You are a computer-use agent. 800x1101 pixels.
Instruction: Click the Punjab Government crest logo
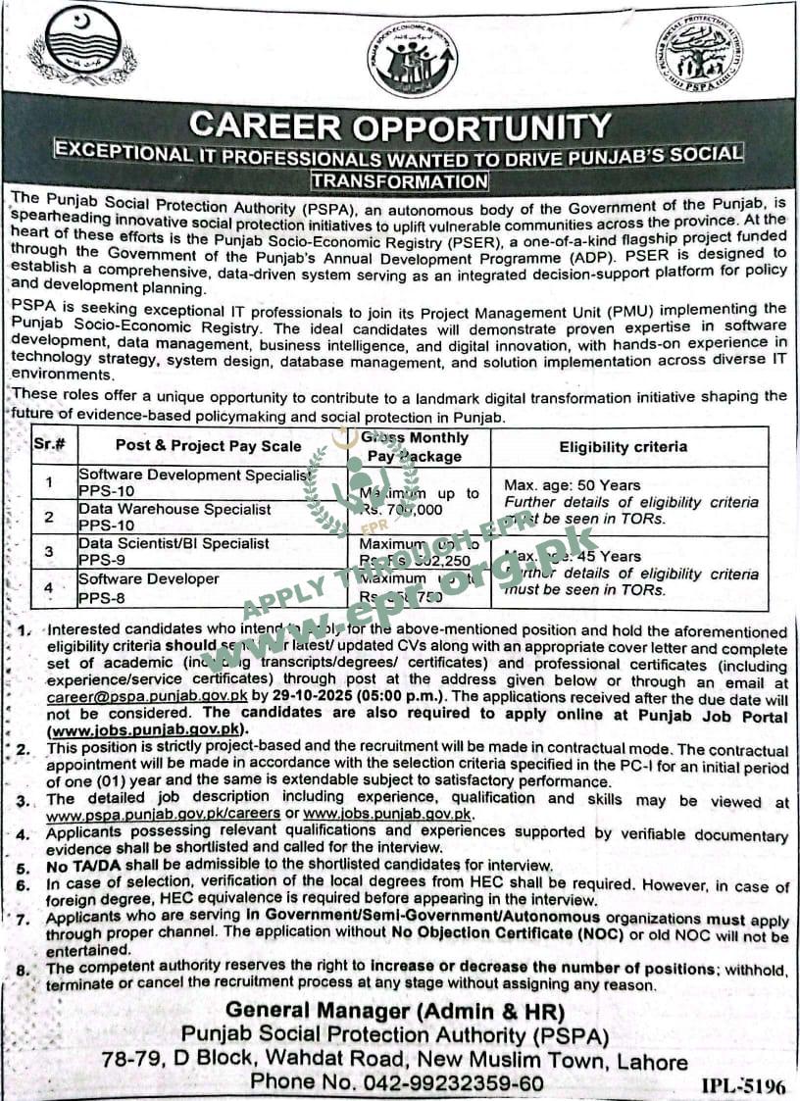point(82,49)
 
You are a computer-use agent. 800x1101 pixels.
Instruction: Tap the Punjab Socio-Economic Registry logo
point(412,59)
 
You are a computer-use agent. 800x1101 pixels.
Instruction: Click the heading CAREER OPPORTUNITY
point(400,125)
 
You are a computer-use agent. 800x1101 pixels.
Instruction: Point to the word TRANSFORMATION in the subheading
point(399,180)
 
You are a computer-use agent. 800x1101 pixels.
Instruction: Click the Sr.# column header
point(49,444)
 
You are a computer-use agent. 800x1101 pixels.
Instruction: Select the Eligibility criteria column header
point(624,447)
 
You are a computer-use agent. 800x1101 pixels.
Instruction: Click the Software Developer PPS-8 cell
point(149,586)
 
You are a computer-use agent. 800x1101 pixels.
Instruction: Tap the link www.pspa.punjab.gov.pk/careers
point(163,815)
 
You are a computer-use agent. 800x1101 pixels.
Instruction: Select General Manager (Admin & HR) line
point(394,1010)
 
